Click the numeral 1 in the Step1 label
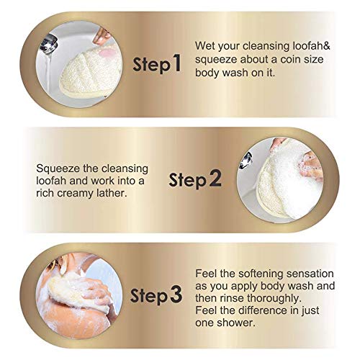pos(175,64)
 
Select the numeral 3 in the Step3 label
pos(176,295)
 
